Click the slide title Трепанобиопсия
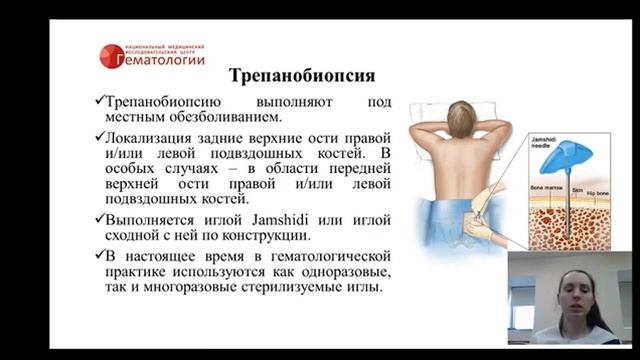pyautogui.click(x=302, y=75)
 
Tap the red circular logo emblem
pyautogui.click(x=112, y=56)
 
